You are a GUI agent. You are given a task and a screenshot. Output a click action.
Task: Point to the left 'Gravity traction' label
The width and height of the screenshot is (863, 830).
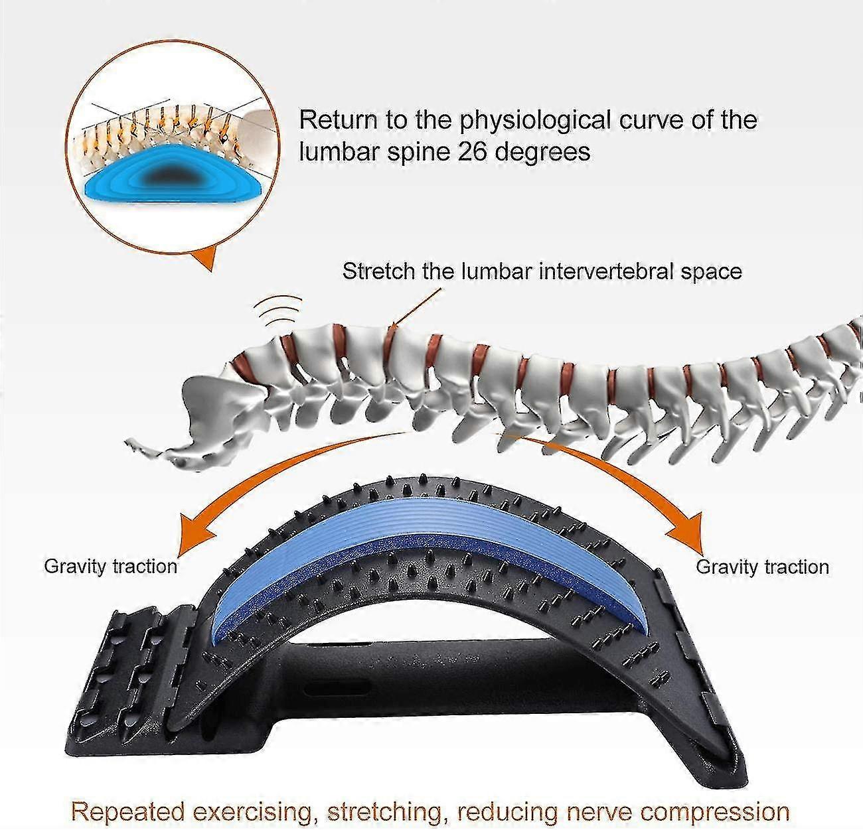pos(111,566)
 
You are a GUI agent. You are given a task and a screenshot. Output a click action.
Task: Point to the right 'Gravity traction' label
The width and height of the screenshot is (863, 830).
pos(762,567)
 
